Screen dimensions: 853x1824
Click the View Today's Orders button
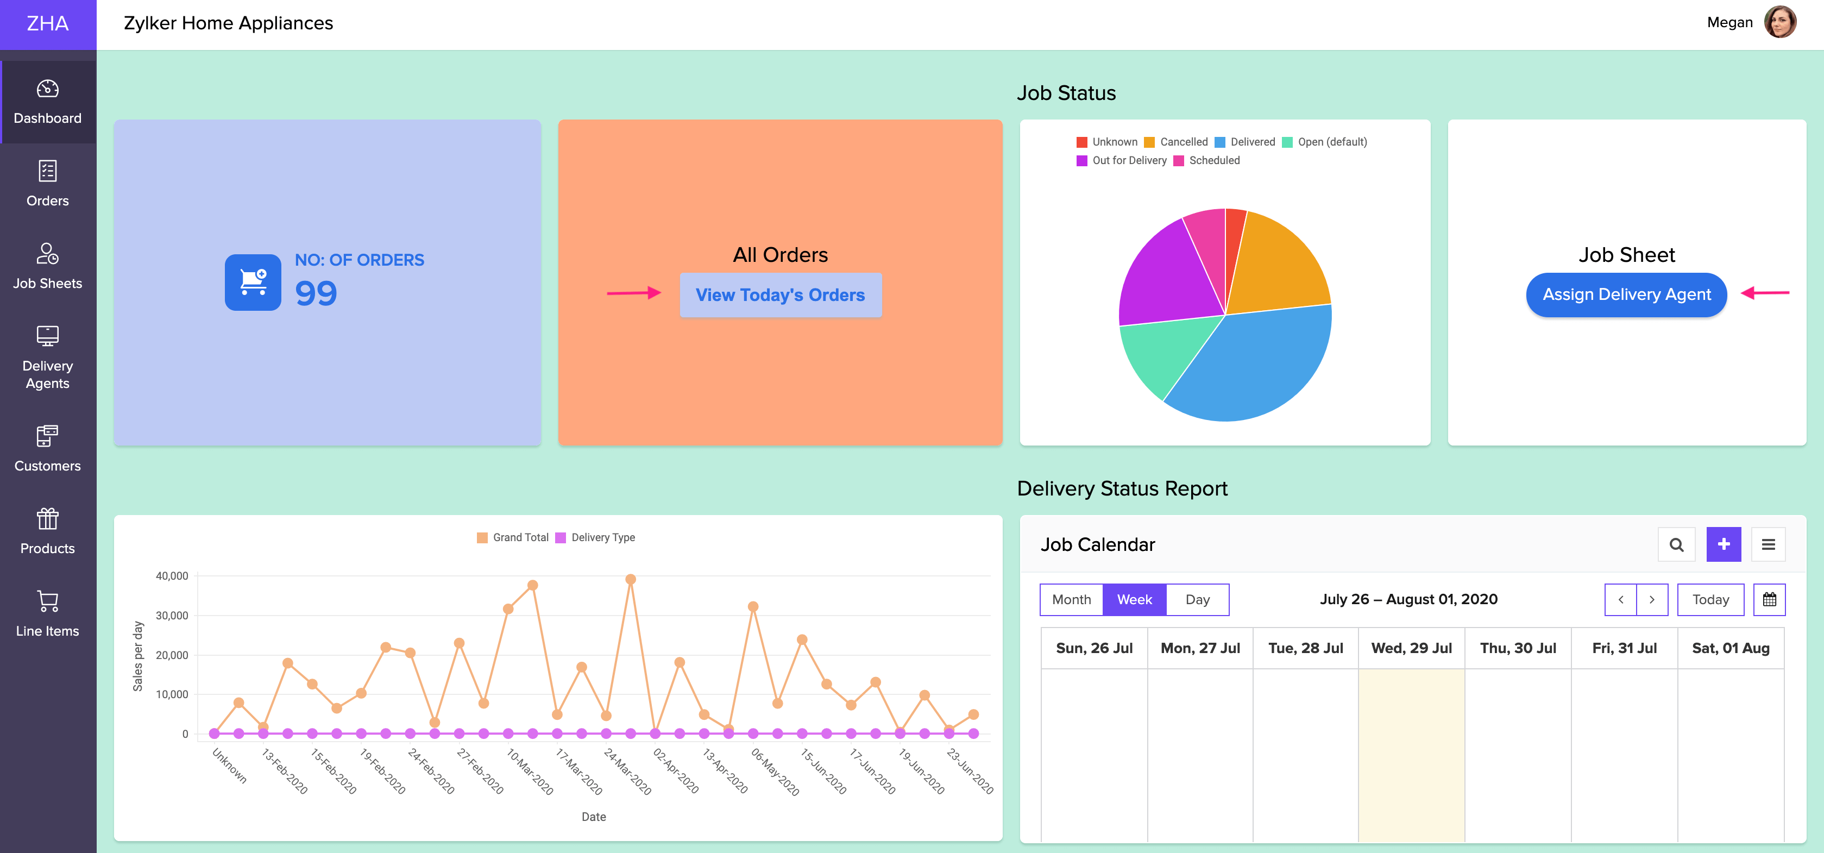pyautogui.click(x=781, y=294)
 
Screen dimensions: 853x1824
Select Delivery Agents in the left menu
pyautogui.click(x=47, y=357)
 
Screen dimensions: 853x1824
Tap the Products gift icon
pyautogui.click(x=47, y=519)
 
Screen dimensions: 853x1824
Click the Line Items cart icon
pyautogui.click(x=47, y=601)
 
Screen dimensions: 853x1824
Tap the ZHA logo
pyautogui.click(x=47, y=24)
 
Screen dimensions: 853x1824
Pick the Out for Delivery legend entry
pyautogui.click(x=1122, y=161)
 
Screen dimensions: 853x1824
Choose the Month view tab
pyautogui.click(x=1071, y=600)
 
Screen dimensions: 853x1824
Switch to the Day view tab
pyautogui.click(x=1197, y=600)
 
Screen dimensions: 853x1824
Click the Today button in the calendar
pyautogui.click(x=1710, y=600)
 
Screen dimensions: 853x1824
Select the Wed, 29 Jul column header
pyautogui.click(x=1411, y=648)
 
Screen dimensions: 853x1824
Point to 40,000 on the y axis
pyautogui.click(x=172, y=576)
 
